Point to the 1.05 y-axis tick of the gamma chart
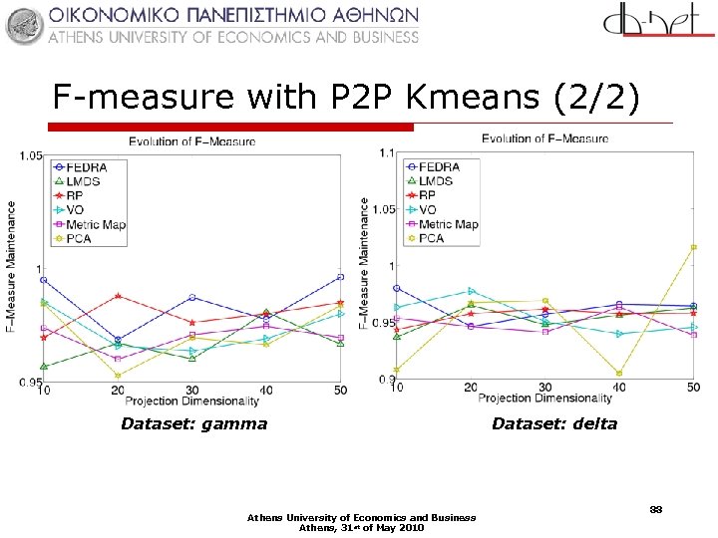tap(28, 156)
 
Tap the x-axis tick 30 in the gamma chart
tap(191, 391)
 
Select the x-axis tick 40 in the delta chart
tap(619, 387)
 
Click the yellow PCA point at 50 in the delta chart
tap(693, 247)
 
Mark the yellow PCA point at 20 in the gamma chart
tap(118, 376)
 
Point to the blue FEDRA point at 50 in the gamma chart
tap(341, 276)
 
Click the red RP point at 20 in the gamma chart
tap(118, 296)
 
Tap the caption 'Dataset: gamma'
tap(193, 424)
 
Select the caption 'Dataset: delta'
tap(554, 424)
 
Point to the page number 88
tap(655, 509)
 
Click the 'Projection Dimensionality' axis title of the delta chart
tap(544, 398)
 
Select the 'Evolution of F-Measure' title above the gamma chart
tap(191, 141)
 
